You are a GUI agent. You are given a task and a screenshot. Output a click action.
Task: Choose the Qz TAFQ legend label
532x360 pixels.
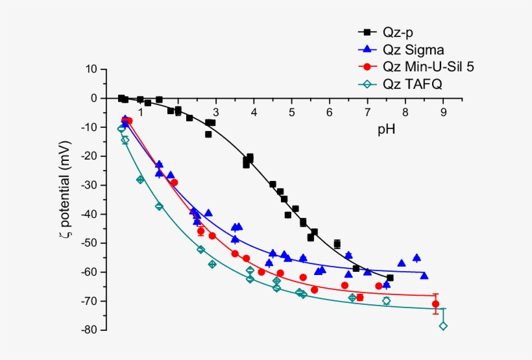click(x=412, y=84)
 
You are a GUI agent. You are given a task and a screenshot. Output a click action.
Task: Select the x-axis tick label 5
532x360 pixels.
click(x=292, y=112)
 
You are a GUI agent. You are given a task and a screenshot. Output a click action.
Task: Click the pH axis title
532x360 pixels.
click(x=387, y=129)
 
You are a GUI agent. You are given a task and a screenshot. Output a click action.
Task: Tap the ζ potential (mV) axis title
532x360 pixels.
click(x=65, y=199)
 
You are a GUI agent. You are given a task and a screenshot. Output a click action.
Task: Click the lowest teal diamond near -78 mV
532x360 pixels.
click(x=443, y=326)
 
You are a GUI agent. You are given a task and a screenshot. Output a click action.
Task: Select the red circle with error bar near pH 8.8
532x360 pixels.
click(x=436, y=304)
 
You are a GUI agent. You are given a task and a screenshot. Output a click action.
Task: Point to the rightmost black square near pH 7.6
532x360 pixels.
click(x=390, y=278)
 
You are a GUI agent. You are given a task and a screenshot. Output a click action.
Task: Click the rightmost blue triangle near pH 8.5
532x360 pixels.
click(x=424, y=276)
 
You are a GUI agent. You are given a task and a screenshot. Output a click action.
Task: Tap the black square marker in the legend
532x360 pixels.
click(x=367, y=32)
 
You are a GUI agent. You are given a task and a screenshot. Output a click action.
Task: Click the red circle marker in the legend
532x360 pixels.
click(x=367, y=67)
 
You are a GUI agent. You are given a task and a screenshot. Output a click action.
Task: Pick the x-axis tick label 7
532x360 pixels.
click(x=367, y=112)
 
